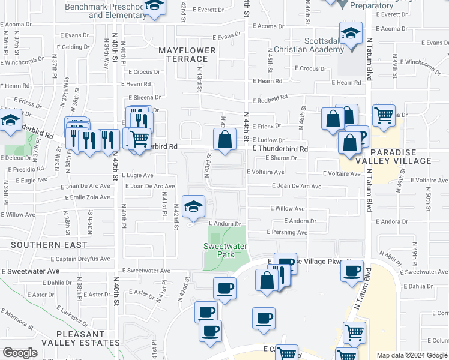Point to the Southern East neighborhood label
[x=49, y=245]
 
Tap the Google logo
[x=20, y=353]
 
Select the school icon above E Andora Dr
[x=193, y=206]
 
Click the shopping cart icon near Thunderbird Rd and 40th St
[x=139, y=137]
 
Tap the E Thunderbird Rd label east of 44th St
[x=280, y=148]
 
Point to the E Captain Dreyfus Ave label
[x=80, y=259]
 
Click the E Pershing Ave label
[x=287, y=232]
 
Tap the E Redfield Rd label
[x=270, y=97]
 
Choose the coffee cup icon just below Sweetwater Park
[x=224, y=288]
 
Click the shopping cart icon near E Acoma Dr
[x=384, y=114]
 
